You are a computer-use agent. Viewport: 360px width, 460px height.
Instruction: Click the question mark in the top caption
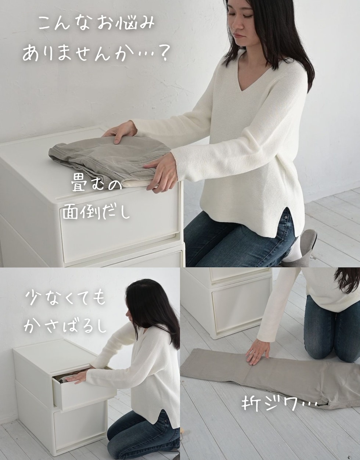coord(162,54)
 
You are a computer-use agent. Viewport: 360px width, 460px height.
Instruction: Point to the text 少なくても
coord(66,298)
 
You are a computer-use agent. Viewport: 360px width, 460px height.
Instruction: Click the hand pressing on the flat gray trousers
coord(257,351)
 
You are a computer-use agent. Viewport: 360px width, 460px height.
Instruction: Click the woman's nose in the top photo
coord(237,24)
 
